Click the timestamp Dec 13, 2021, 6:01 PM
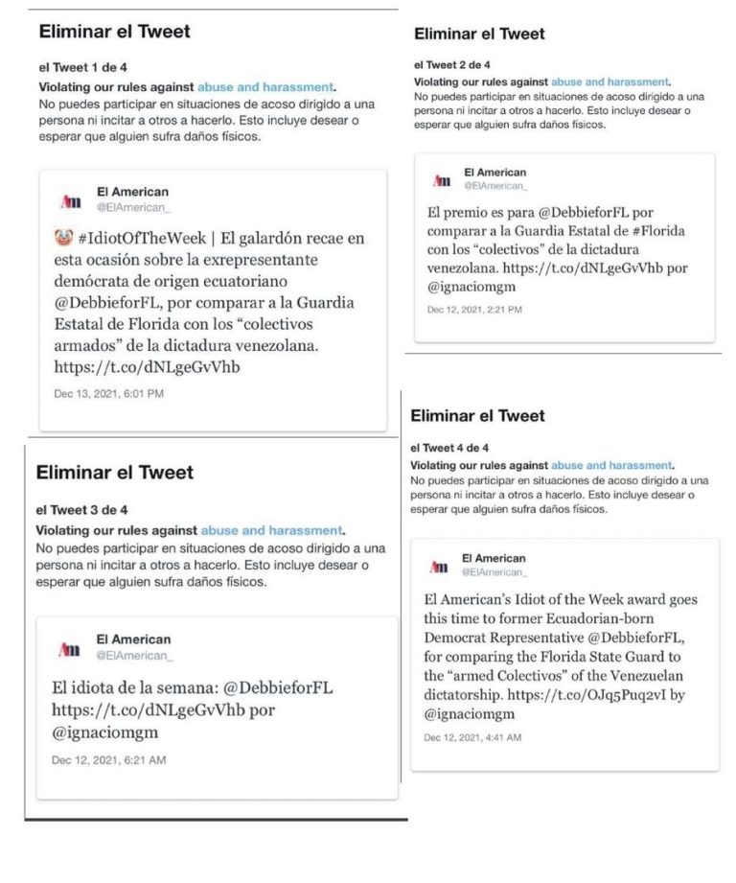[x=109, y=394]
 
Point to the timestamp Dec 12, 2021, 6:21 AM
[x=108, y=759]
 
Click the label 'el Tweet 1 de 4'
[x=82, y=68]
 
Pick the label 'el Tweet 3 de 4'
[x=81, y=510]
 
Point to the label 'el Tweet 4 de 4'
[x=449, y=448]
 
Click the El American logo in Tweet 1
[x=70, y=199]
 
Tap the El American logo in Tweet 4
[x=440, y=566]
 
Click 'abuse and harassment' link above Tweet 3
[x=271, y=530]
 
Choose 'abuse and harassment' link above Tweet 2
[x=609, y=82]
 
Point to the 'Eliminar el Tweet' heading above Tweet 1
[x=114, y=32]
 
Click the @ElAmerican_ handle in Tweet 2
[x=496, y=186]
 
